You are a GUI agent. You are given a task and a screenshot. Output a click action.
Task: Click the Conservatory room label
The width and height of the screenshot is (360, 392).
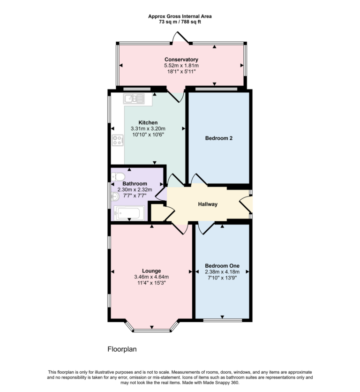pos(181,60)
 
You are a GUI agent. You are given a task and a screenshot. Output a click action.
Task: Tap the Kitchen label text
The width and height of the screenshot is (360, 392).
pos(148,122)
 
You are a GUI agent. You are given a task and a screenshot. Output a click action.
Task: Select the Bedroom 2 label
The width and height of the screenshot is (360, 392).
pos(219,138)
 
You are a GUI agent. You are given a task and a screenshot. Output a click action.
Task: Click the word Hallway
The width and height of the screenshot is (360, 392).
pos(208,204)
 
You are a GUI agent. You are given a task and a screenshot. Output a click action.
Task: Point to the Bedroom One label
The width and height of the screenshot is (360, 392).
pos(222,265)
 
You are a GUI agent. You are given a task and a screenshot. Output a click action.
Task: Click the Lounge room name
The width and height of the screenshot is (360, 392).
pos(151,271)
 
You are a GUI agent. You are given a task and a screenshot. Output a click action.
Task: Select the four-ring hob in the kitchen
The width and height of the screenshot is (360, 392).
pos(117,140)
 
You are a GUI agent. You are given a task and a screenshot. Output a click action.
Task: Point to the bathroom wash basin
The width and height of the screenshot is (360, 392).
pos(115,197)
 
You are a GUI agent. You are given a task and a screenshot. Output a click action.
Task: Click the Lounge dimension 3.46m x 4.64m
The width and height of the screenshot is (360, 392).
pos(151,277)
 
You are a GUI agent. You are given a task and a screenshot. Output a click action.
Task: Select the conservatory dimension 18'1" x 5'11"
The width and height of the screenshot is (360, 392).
pos(181,72)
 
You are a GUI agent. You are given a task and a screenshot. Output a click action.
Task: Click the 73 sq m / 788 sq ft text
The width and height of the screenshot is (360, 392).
pos(180,22)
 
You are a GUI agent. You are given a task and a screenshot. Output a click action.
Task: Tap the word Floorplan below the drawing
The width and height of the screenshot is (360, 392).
pos(122,349)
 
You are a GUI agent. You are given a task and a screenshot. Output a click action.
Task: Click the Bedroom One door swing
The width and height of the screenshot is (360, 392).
pos(205,227)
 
